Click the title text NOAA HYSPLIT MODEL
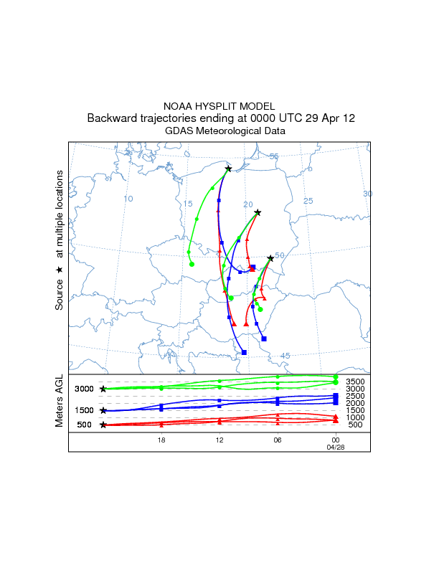pos(219,106)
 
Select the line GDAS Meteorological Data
pos(219,131)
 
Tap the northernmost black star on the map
pos(228,169)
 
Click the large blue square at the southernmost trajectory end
pos(245,352)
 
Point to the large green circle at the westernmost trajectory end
pos(192,265)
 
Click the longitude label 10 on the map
pos(128,199)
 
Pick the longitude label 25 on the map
pos(308,201)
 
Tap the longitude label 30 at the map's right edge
pos(367,194)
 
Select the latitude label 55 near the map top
pos(273,156)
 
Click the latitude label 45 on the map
pos(285,356)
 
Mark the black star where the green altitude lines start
pos(103,389)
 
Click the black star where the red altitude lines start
pos(103,425)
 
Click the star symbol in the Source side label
pos(60,269)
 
